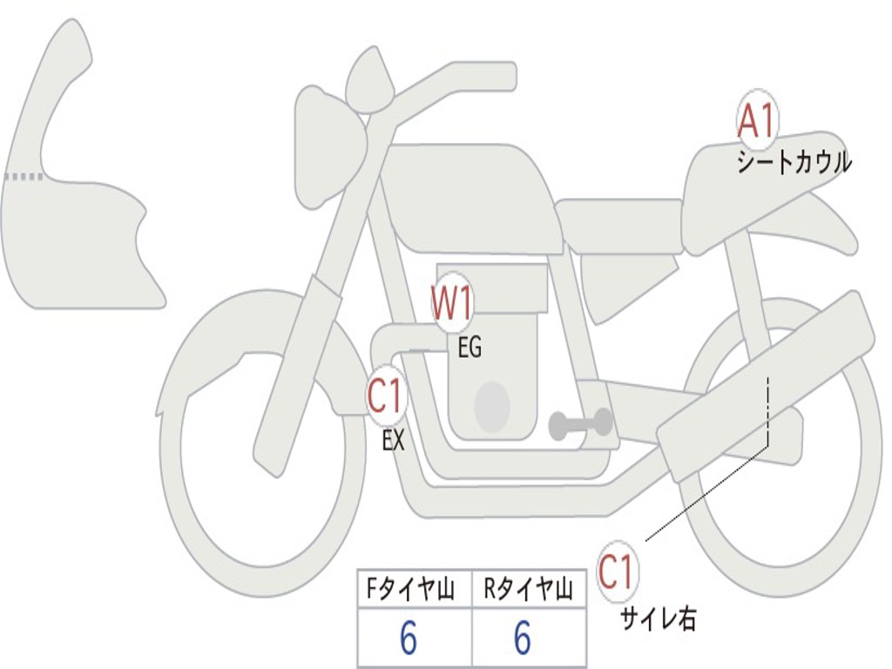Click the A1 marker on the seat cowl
pyautogui.click(x=757, y=119)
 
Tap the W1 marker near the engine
pyautogui.click(x=452, y=302)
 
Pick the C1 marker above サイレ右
pyautogui.click(x=618, y=571)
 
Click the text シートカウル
pyautogui.click(x=794, y=163)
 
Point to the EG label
pyautogui.click(x=470, y=347)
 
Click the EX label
pyautogui.click(x=393, y=440)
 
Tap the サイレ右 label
pyautogui.click(x=658, y=619)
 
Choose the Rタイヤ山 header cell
pyautogui.click(x=529, y=589)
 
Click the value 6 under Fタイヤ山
pyautogui.click(x=409, y=638)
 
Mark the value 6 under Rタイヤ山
pyautogui.click(x=523, y=638)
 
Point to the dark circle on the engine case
pyautogui.click(x=492, y=406)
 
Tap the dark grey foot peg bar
pyautogui.click(x=580, y=423)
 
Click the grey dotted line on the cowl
pyautogui.click(x=24, y=177)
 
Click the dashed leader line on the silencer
pyautogui.click(x=767, y=410)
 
